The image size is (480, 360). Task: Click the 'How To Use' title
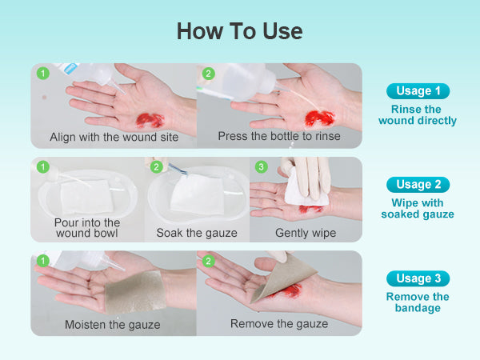tap(240, 31)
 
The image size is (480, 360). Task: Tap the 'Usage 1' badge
tap(418, 91)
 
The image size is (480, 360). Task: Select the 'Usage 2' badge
tap(418, 185)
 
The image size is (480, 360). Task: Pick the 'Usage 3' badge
tap(418, 278)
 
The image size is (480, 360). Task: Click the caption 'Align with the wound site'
tap(114, 137)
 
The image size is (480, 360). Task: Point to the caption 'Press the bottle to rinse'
tap(279, 136)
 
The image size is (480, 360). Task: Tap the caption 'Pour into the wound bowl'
tap(87, 228)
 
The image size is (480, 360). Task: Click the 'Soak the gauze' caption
tap(197, 233)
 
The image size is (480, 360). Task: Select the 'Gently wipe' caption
tap(306, 233)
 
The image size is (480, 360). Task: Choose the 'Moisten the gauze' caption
tap(112, 325)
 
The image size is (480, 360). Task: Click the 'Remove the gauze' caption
tap(279, 324)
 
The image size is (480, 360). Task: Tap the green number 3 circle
tap(261, 167)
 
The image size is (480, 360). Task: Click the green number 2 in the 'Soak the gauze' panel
tap(157, 167)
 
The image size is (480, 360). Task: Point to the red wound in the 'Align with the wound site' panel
tap(149, 120)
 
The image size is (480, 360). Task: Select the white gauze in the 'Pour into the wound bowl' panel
tap(87, 197)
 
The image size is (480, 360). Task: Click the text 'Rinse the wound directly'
tap(418, 114)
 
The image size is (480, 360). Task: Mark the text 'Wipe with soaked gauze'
tap(418, 209)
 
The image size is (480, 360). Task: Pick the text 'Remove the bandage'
tap(418, 302)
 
